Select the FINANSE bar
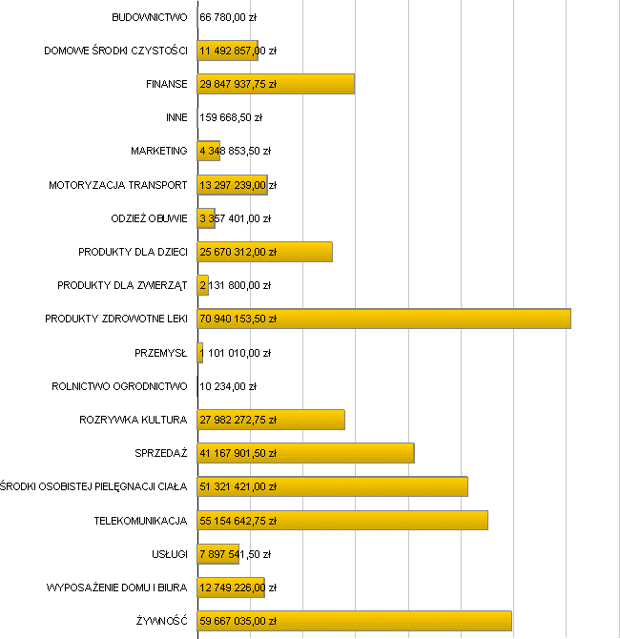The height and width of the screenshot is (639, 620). point(315,84)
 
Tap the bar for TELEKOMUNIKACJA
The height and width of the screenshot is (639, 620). point(382,520)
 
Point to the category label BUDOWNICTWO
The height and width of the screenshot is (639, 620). point(150,17)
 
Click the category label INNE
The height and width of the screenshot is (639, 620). point(176,117)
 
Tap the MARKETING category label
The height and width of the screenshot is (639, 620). point(159,151)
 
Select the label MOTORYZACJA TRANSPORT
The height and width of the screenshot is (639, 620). point(118,185)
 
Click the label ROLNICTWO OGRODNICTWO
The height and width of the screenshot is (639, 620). point(119,386)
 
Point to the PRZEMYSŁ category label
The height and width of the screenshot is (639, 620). point(161,353)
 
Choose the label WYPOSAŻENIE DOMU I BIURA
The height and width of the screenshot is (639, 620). point(116,587)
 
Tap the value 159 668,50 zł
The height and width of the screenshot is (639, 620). point(231,117)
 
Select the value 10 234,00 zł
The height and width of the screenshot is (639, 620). point(228,386)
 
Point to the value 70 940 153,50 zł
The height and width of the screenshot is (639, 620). point(238,319)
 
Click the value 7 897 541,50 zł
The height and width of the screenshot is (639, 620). point(236,554)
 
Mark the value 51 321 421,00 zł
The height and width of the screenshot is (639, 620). point(238,486)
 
